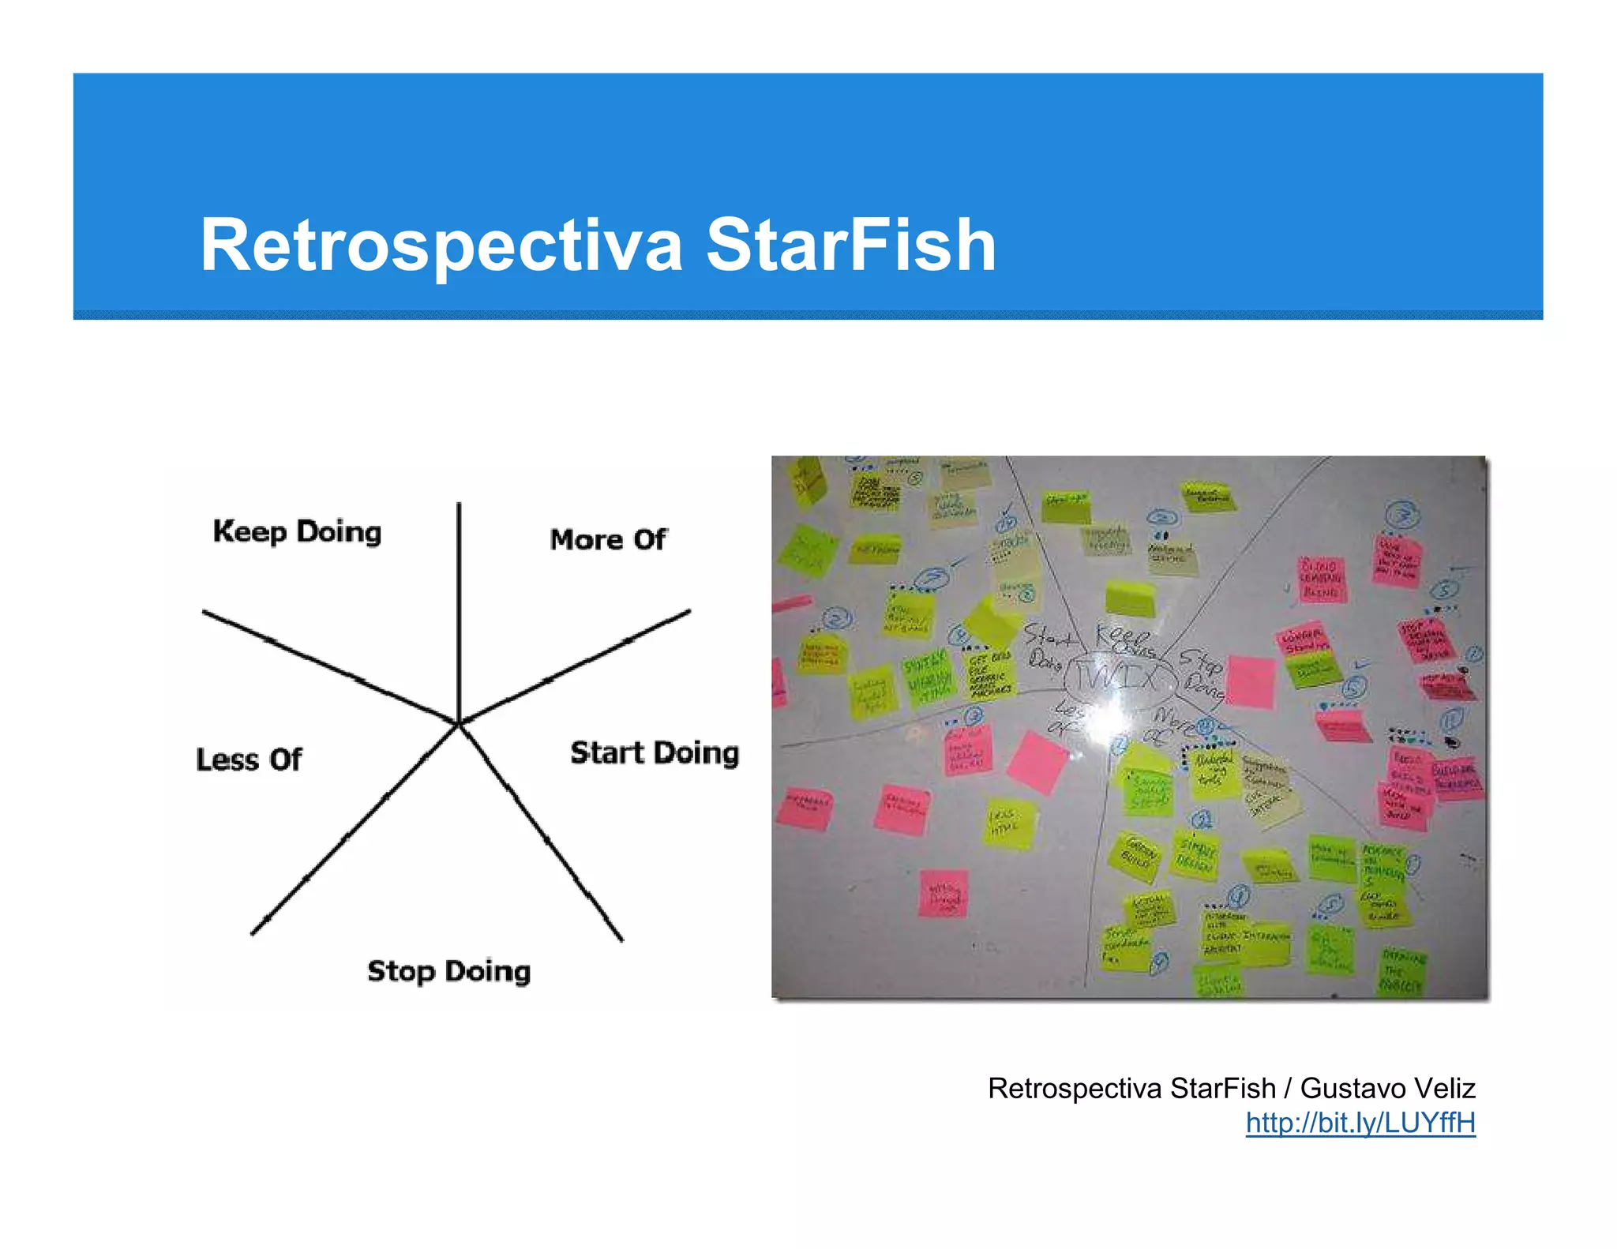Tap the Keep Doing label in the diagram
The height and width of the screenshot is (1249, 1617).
(297, 532)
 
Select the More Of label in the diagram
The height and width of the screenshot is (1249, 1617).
(608, 540)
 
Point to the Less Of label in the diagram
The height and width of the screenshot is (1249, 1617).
(249, 760)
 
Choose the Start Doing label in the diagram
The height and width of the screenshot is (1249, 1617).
(655, 753)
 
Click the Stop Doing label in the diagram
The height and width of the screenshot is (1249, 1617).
(448, 971)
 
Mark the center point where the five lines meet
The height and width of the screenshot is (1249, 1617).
(460, 722)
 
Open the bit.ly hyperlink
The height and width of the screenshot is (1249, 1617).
(1360, 1123)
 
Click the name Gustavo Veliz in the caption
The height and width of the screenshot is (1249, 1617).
(1387, 1089)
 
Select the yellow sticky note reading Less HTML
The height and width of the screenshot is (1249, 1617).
(1009, 823)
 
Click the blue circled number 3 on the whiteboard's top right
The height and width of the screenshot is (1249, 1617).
(1403, 515)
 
